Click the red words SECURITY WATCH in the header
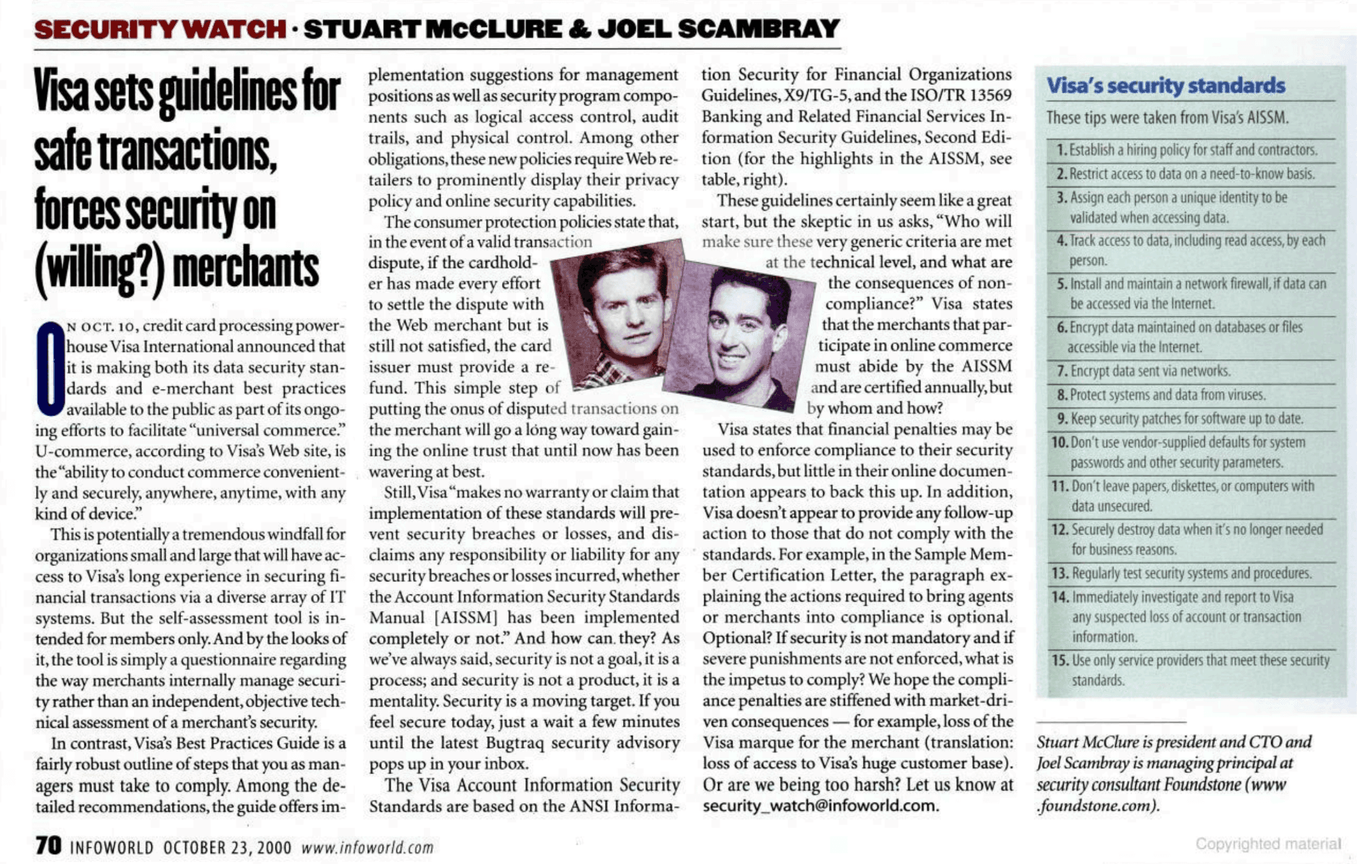160,29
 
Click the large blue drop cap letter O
50,369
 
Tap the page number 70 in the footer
48,846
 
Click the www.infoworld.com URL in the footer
367,847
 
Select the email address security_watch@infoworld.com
820,806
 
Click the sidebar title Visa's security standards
1166,86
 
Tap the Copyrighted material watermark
1268,844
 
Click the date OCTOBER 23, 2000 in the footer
227,847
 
